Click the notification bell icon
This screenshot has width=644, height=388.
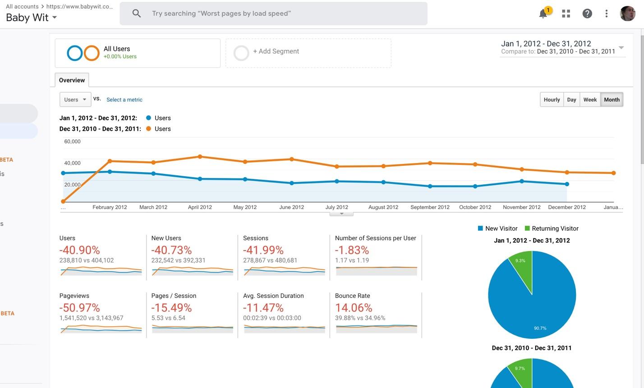point(543,14)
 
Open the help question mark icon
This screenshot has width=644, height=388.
point(587,14)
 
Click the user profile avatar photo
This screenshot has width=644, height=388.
point(627,14)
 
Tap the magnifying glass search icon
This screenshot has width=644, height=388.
point(137,13)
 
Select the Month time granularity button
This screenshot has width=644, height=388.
point(612,100)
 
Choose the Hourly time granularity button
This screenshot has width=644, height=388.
point(552,100)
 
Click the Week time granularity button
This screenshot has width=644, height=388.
point(590,100)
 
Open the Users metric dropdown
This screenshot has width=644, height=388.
point(75,100)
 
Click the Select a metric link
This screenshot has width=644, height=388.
point(124,100)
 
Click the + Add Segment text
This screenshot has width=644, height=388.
point(276,51)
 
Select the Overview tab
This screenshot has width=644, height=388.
point(72,80)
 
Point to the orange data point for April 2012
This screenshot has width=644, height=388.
point(200,157)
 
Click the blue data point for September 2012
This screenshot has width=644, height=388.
point(430,186)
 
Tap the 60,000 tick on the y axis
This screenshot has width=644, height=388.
point(72,142)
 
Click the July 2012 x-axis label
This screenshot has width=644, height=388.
point(337,207)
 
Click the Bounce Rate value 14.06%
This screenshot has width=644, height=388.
point(354,308)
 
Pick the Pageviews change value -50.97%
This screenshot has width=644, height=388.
point(80,308)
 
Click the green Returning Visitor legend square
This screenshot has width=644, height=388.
point(527,228)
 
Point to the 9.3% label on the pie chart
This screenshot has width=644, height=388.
point(520,261)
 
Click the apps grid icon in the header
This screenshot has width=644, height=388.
point(566,14)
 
